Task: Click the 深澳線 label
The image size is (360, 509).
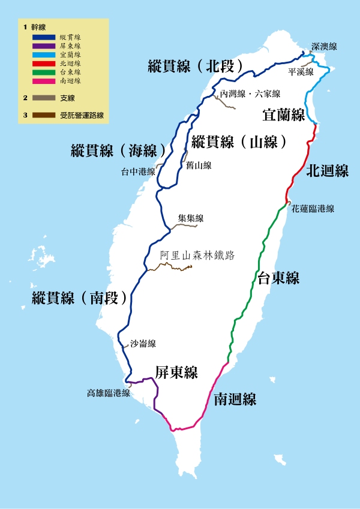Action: click(324, 46)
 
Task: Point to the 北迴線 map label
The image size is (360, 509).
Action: click(327, 171)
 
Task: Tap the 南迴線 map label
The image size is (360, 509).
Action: click(235, 399)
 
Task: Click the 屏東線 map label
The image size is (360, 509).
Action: click(176, 372)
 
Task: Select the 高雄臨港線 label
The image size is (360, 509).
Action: click(109, 394)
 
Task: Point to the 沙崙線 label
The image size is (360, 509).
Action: click(143, 344)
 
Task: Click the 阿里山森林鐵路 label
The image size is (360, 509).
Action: click(197, 255)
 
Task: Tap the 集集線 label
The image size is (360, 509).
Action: click(191, 218)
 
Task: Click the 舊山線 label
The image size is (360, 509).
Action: click(199, 165)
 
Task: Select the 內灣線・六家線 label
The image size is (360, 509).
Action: click(250, 94)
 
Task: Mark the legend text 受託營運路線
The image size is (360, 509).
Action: click(82, 115)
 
